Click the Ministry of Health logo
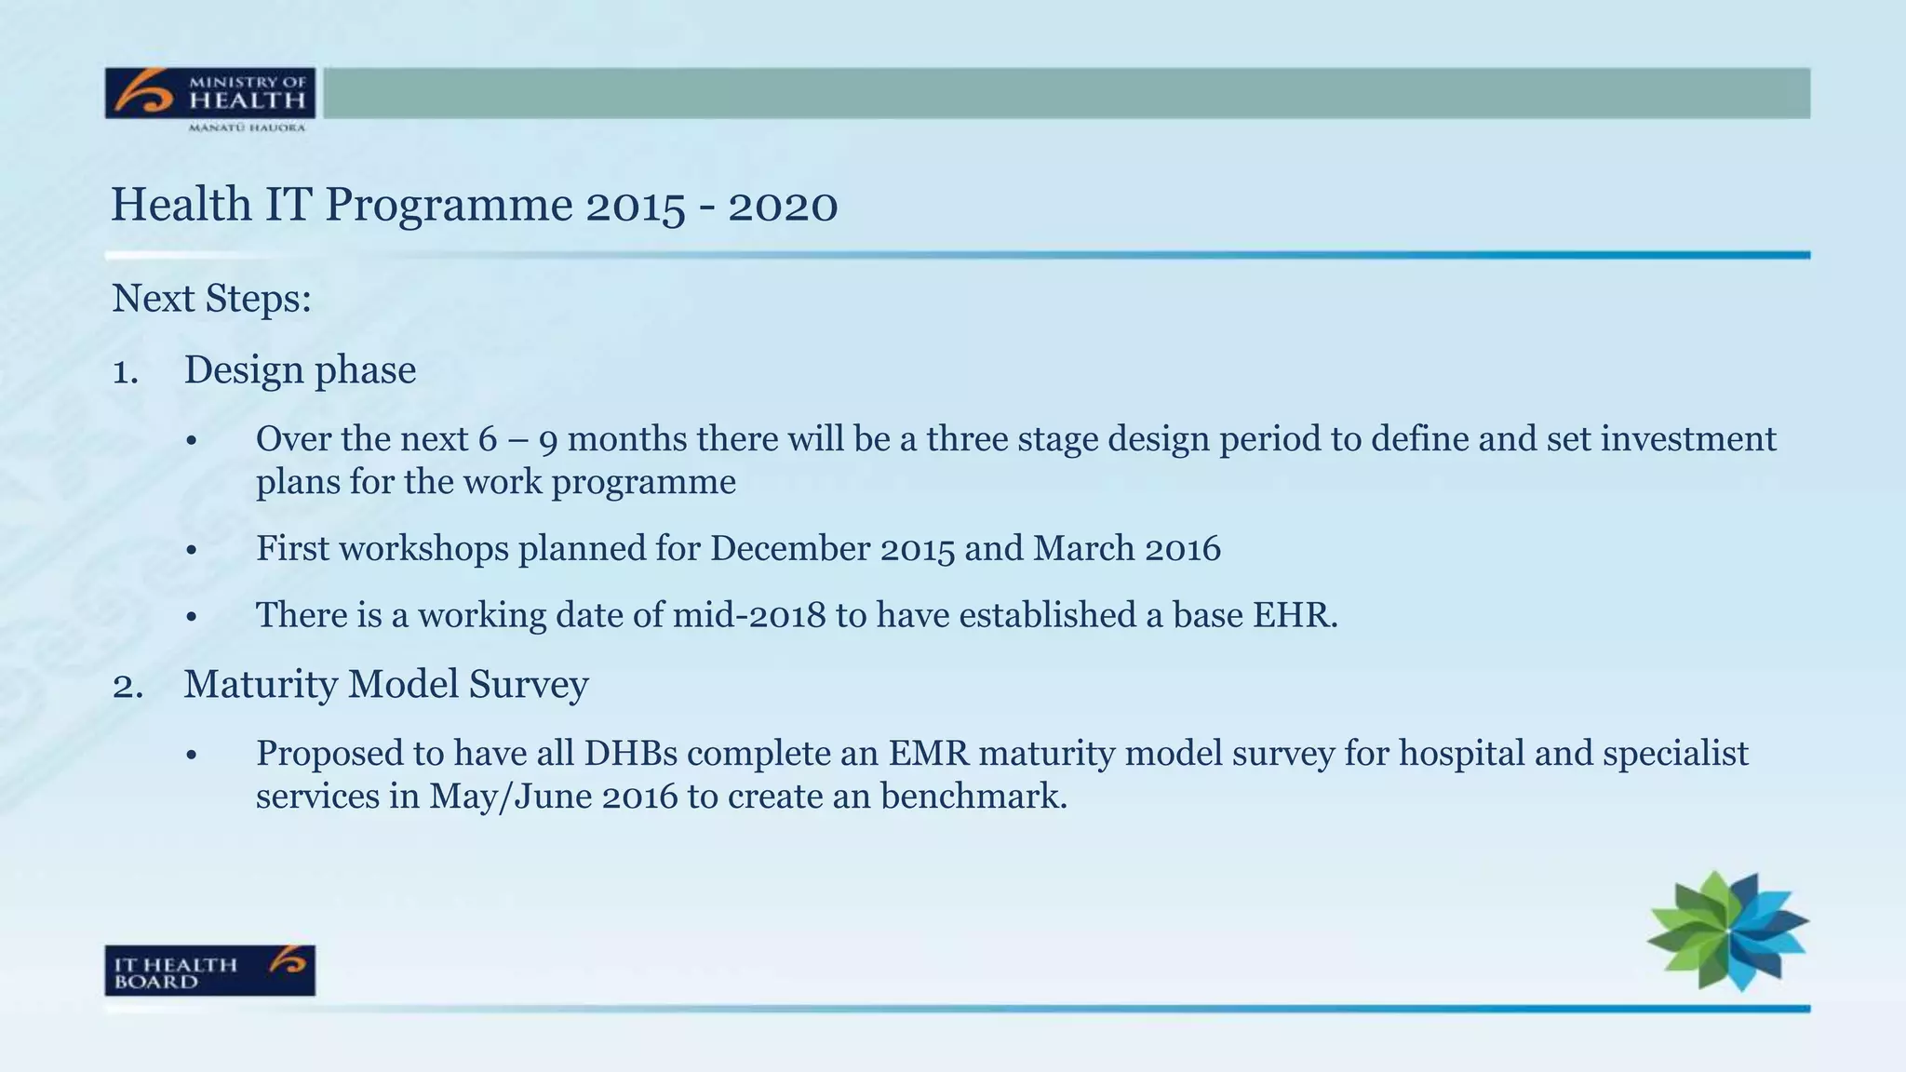pyautogui.click(x=209, y=99)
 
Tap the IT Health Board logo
pyautogui.click(x=209, y=971)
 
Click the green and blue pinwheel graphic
pyautogui.click(x=1727, y=931)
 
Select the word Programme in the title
pyautogui.click(x=449, y=206)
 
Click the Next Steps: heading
pyautogui.click(x=211, y=300)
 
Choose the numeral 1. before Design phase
pyautogui.click(x=125, y=372)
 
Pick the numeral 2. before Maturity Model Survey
pyautogui.click(x=127, y=687)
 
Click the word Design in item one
pyautogui.click(x=244, y=370)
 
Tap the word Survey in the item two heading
pyautogui.click(x=528, y=686)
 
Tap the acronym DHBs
pyautogui.click(x=630, y=754)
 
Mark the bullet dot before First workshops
pyautogui.click(x=192, y=551)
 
